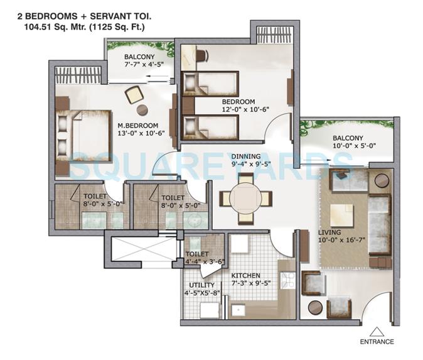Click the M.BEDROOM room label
(136, 124)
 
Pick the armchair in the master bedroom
(134, 95)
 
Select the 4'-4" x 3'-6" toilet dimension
(201, 262)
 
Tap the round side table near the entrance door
(315, 308)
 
